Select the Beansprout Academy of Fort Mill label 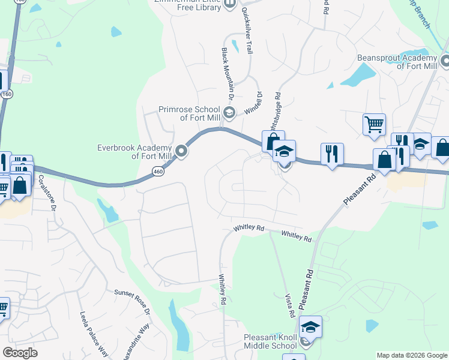click(x=397, y=61)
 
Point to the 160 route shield click(x=7, y=94)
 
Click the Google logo click(x=20, y=353)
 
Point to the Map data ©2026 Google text click(x=411, y=355)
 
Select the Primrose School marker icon click(x=228, y=112)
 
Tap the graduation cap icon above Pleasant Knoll click(x=310, y=327)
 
